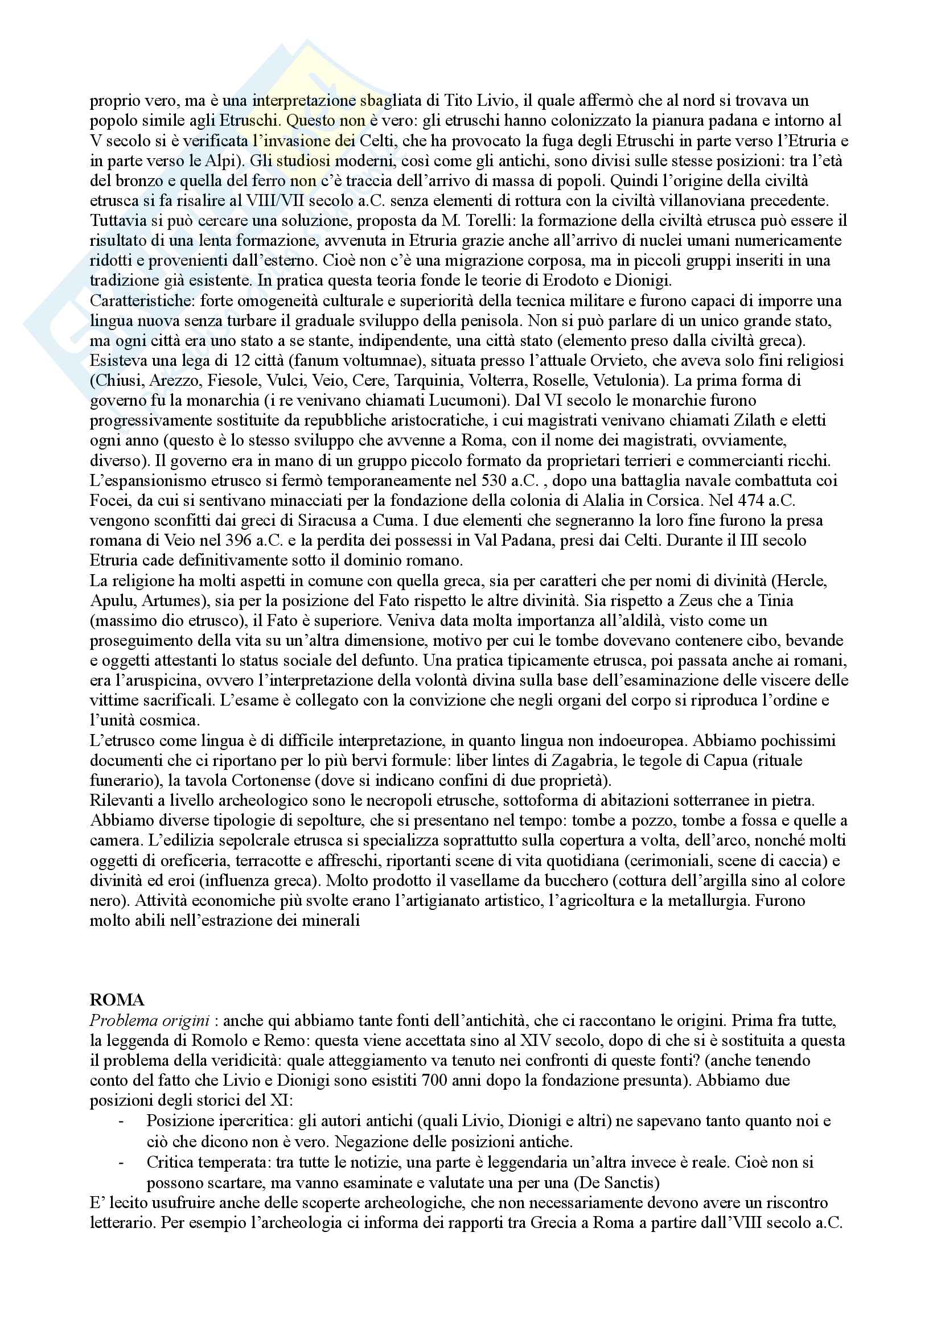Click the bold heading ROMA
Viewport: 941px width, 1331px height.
tap(117, 1000)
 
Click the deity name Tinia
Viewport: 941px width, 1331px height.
tap(775, 600)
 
